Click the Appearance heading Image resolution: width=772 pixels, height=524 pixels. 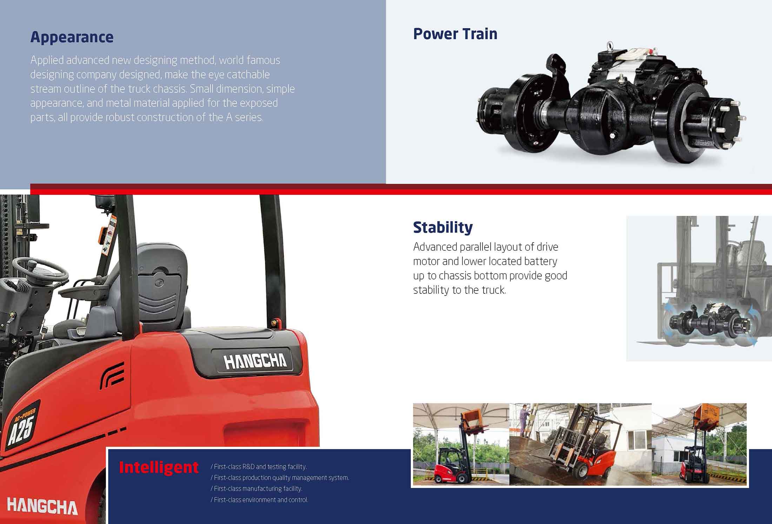point(72,37)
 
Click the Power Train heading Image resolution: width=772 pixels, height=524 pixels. point(455,34)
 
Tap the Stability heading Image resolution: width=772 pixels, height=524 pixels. point(443,227)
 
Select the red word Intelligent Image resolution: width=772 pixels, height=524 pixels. point(159,467)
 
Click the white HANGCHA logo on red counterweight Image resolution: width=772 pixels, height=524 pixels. point(42,507)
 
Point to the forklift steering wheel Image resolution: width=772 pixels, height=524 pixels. point(40,268)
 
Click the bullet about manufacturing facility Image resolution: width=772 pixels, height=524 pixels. point(257,489)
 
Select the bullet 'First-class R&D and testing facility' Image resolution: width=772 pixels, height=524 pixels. point(259,467)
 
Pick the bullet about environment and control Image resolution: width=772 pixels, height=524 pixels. point(259,500)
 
